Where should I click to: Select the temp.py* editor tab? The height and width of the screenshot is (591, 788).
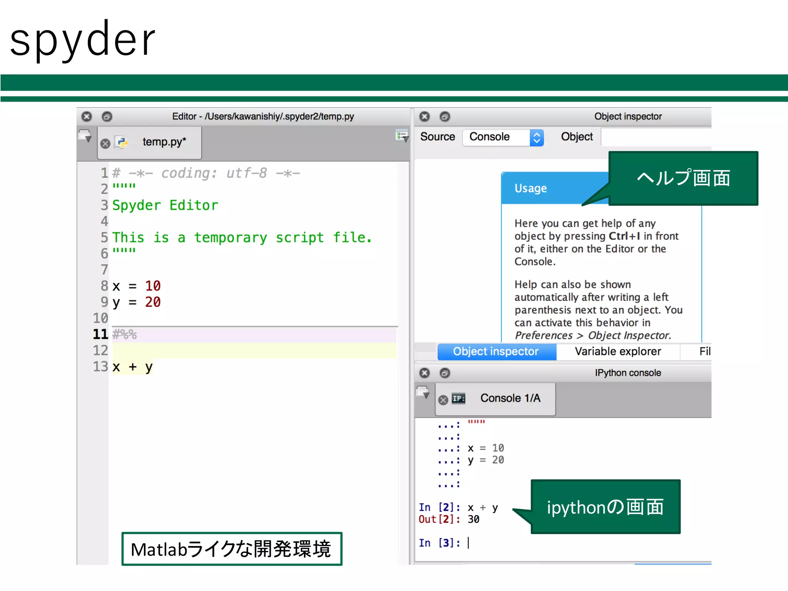coord(164,142)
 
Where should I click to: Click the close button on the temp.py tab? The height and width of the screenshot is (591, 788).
coord(105,144)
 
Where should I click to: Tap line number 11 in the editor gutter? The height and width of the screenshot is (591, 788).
coord(100,334)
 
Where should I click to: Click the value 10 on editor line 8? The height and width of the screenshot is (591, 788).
coord(153,286)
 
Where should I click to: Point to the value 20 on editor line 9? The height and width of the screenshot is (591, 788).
coord(153,302)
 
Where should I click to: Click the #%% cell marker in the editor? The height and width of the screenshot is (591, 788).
coord(124,334)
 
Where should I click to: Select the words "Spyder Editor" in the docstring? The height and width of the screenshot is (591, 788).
coord(165,205)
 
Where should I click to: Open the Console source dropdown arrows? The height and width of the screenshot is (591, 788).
coord(536,137)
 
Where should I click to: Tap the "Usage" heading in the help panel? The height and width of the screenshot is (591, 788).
coord(531,188)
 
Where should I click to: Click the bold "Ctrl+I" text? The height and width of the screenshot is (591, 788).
coord(624,236)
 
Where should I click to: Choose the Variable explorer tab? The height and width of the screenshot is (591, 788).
coord(618,351)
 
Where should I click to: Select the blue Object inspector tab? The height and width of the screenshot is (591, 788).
coord(496,351)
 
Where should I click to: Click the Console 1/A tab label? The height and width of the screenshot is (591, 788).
coord(510,398)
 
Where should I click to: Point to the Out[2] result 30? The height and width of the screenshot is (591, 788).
coord(474,519)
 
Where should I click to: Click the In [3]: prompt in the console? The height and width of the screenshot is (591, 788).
coord(439,543)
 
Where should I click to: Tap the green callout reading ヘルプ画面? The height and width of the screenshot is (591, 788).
coord(683,178)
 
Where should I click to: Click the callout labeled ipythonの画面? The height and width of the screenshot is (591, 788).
coord(605,507)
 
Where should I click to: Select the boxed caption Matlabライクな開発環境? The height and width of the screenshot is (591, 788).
coord(231,549)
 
